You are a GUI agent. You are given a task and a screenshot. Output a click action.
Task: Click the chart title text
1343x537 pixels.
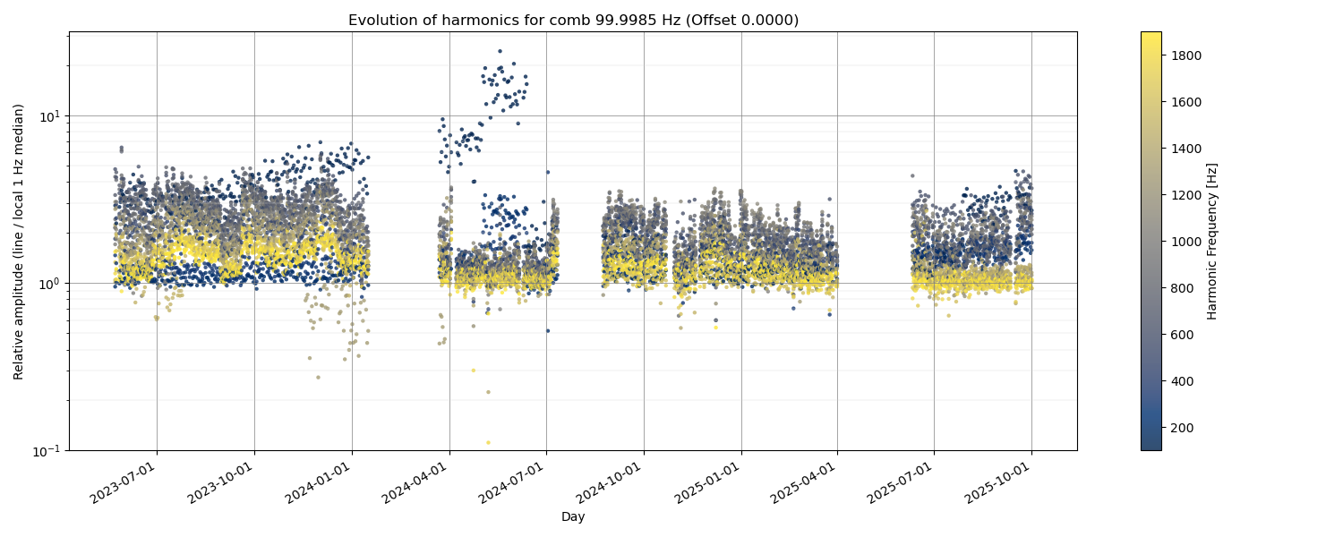[573, 20]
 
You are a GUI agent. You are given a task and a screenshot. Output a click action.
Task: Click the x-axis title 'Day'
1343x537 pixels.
[573, 516]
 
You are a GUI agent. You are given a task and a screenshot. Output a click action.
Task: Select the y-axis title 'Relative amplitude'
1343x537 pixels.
[19, 241]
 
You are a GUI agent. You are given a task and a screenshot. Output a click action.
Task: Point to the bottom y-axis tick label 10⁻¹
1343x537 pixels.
[47, 450]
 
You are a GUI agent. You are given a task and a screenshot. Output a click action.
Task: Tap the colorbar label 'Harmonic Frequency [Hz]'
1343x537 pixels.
[1212, 241]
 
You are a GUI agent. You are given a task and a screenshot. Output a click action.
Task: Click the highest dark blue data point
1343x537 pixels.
[500, 51]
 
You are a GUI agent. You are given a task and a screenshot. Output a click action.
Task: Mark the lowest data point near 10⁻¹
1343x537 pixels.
[488, 442]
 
